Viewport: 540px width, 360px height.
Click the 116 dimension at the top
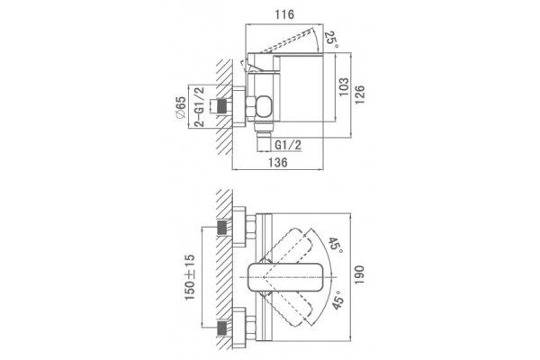tap(284, 14)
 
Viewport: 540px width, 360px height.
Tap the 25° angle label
tap(331, 40)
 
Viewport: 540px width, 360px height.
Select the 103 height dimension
tap(344, 86)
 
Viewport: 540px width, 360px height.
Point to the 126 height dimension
tap(359, 94)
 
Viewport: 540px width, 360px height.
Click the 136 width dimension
tap(277, 162)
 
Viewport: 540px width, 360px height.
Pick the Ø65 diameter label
tap(181, 108)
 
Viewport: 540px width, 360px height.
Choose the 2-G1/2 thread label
tap(200, 107)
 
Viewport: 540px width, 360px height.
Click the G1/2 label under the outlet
tap(288, 145)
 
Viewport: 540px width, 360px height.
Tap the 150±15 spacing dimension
tap(190, 277)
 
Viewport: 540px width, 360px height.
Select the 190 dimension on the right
tap(359, 274)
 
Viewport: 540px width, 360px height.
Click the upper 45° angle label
tap(335, 246)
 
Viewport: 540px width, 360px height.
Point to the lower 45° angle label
tap(337, 300)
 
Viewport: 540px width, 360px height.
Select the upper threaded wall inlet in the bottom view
tap(224, 228)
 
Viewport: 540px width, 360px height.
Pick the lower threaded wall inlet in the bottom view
tap(224, 328)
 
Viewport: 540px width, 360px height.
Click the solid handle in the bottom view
tap(285, 277)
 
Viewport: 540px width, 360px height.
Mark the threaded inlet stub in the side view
tap(220, 105)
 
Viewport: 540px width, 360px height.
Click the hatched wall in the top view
tap(224, 106)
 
